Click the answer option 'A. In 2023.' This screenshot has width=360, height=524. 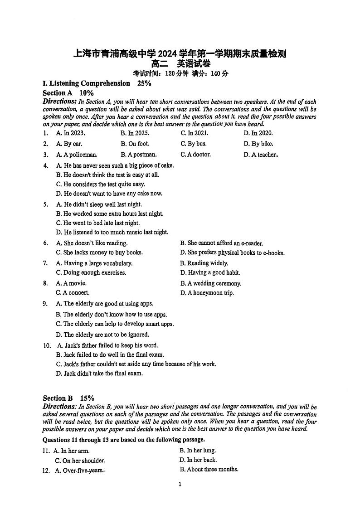point(70,133)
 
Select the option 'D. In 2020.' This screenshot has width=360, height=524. point(258,133)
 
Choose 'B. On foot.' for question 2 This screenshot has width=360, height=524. point(135,144)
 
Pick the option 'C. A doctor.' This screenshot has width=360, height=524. point(195,155)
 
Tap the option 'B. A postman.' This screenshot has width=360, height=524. point(138,155)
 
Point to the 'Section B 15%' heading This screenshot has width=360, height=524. point(68,398)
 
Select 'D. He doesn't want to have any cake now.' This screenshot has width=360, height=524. point(109,194)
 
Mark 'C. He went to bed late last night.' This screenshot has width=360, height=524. point(98,223)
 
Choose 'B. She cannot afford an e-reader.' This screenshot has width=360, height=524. point(221,243)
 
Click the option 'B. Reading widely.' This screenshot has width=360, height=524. point(204,263)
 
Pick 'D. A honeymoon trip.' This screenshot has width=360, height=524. point(207,293)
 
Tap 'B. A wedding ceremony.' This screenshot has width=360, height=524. point(211,283)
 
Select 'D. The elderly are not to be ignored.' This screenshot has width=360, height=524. point(102,335)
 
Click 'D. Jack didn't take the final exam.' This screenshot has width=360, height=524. point(99,374)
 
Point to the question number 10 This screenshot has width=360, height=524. point(47,345)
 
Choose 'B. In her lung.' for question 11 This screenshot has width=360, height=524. point(198,451)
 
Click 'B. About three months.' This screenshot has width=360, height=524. point(209,470)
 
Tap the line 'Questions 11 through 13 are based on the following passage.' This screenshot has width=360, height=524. point(123,440)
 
